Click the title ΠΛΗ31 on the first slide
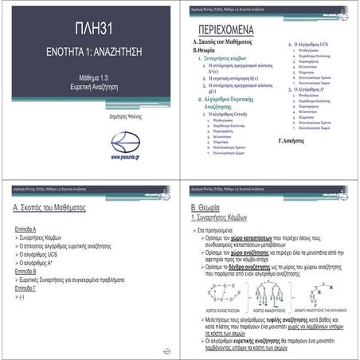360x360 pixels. click(88, 29)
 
